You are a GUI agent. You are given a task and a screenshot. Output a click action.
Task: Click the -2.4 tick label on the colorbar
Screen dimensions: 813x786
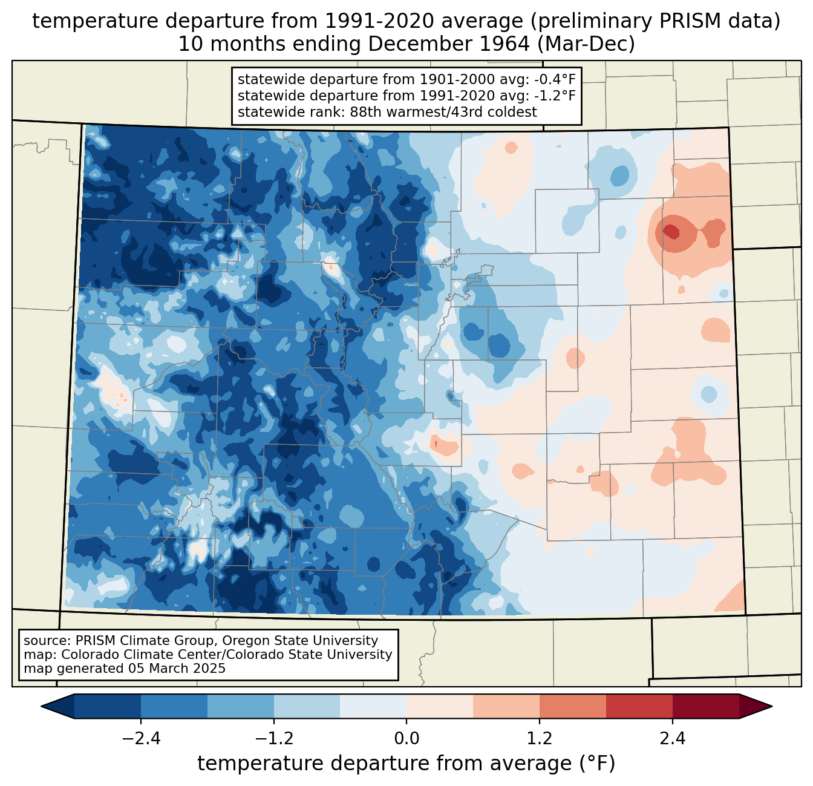tap(141, 739)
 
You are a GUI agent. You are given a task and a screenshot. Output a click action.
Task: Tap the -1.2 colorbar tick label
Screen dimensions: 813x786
tap(274, 739)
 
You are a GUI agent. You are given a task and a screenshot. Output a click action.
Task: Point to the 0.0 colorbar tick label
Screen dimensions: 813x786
tap(406, 739)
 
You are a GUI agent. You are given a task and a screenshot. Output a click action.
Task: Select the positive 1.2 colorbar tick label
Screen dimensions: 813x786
tap(540, 739)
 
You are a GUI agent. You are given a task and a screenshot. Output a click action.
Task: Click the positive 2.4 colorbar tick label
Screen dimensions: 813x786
tap(673, 739)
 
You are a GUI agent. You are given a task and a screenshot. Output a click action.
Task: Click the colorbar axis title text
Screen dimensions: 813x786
tap(406, 763)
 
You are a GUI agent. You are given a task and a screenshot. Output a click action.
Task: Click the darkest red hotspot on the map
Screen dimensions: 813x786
tap(671, 231)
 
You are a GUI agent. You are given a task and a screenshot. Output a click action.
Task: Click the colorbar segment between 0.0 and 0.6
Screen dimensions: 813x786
tap(440, 707)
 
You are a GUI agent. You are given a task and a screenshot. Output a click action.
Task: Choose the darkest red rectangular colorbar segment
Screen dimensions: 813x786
tap(706, 707)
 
